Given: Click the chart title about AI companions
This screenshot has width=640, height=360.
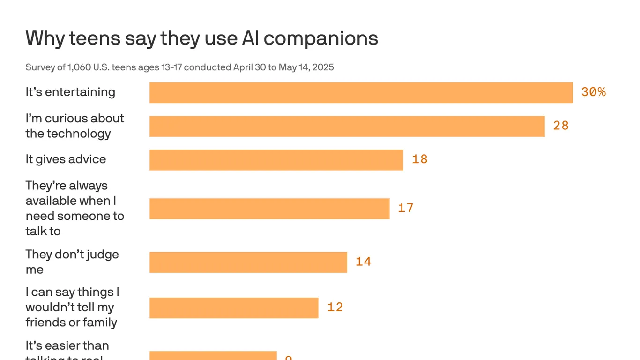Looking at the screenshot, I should click(x=201, y=38).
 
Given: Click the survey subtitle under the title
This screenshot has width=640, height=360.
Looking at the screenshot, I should click(x=179, y=67).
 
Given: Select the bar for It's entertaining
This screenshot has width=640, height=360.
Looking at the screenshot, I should click(x=361, y=93).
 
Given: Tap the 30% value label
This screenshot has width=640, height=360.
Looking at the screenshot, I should click(x=593, y=92).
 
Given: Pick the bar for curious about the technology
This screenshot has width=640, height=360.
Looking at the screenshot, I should click(x=347, y=127).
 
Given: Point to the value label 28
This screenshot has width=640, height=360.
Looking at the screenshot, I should click(x=561, y=126).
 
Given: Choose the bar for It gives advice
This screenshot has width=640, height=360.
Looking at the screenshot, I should click(x=276, y=160).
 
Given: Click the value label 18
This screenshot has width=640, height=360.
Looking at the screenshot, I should click(x=419, y=159).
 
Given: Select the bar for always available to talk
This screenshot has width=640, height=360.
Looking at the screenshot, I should click(x=269, y=209).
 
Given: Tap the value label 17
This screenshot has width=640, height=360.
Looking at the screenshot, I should click(x=405, y=208).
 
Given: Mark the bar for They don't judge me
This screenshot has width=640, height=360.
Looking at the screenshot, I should click(x=248, y=262).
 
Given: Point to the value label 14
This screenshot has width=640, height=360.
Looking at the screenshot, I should click(x=363, y=262).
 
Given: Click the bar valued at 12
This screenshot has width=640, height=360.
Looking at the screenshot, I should click(x=234, y=307).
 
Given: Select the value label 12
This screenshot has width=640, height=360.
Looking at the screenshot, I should click(x=335, y=307).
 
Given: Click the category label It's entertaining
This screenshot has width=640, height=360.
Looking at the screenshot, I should click(x=70, y=92).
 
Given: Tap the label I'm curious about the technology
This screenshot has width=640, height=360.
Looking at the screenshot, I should click(x=74, y=126).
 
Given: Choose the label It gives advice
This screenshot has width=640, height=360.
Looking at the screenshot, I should click(x=66, y=159).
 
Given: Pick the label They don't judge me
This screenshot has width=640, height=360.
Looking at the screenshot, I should click(x=72, y=262).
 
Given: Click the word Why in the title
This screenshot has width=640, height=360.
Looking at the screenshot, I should click(x=45, y=38).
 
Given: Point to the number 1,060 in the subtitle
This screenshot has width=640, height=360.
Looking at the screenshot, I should click(x=79, y=67).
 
